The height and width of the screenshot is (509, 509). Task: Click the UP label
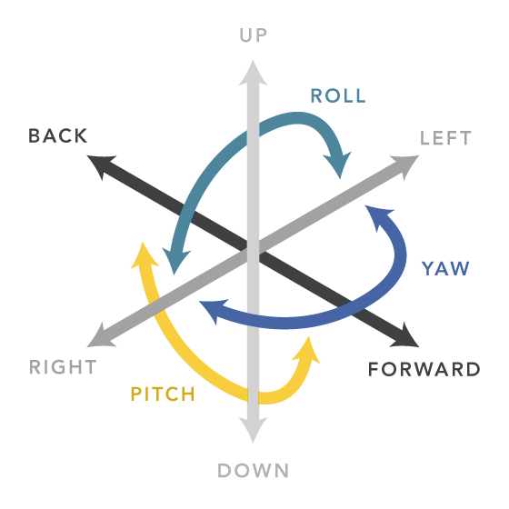tap(254, 35)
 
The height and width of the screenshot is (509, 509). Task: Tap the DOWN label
tap(254, 471)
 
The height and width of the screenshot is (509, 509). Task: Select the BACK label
tap(58, 135)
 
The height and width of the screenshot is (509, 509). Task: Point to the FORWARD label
tap(424, 369)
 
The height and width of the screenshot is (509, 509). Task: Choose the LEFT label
tap(445, 138)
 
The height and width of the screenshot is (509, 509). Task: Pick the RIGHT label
tap(63, 367)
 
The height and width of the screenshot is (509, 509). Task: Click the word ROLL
tap(338, 95)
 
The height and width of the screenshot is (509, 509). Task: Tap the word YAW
tap(445, 268)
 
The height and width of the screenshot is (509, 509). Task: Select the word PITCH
tap(163, 394)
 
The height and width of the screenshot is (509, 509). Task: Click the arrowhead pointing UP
tap(254, 74)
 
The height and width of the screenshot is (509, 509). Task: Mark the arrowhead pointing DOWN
tap(254, 429)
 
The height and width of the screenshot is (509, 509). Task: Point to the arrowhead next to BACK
tap(100, 165)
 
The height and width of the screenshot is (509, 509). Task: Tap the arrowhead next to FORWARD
tap(406, 337)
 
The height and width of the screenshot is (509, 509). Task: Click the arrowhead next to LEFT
tap(406, 165)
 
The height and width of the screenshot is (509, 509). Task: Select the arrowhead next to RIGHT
tap(100, 337)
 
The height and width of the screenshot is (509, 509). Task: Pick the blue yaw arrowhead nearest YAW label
tap(377, 216)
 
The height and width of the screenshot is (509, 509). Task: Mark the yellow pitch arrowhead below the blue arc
tap(307, 351)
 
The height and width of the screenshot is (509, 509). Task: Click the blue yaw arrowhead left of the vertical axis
tap(212, 310)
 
